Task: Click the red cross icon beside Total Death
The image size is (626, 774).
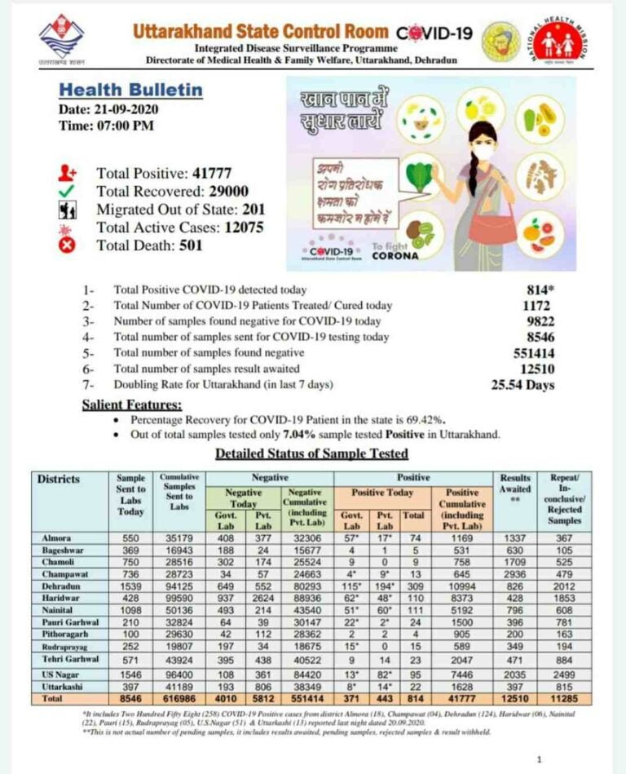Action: coord(68,245)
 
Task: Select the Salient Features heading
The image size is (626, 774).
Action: coord(132,405)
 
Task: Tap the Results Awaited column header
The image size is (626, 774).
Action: coord(515,483)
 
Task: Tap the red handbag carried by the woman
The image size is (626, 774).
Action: coord(492,230)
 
